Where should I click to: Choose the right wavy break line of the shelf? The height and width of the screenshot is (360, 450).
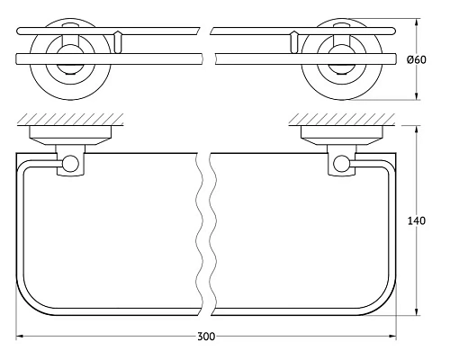[x=212, y=234]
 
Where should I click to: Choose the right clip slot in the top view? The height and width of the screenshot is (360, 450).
[x=294, y=40]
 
